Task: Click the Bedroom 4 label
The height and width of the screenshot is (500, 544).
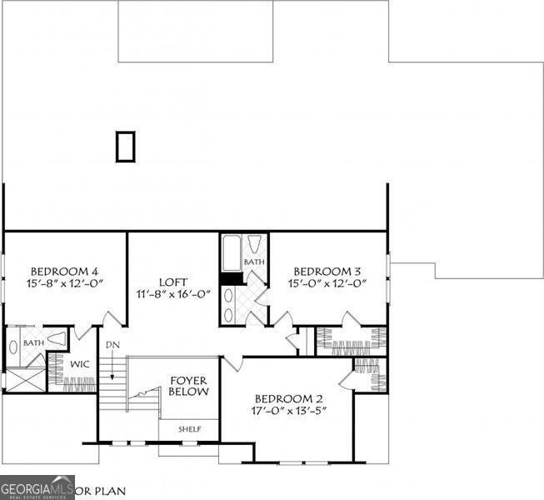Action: coord(65,271)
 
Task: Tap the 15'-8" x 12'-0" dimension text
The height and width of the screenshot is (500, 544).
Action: coord(65,284)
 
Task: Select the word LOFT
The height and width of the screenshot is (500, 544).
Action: coord(173,282)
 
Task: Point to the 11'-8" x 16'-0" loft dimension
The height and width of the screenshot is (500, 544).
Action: coord(173,294)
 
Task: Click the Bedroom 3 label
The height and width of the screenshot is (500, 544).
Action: coord(327,271)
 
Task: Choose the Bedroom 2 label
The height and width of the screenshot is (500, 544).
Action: coord(288,397)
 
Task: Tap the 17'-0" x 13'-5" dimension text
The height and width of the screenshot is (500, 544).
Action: coord(288,411)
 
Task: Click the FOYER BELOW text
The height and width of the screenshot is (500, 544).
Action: coord(189,385)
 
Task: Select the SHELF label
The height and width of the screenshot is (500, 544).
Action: coord(190,429)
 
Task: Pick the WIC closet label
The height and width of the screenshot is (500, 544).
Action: coord(80,364)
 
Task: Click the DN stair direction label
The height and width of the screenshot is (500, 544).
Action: coord(112,344)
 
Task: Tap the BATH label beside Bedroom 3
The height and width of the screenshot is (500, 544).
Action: coord(254,262)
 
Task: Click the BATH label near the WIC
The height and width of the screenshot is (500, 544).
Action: coord(33,342)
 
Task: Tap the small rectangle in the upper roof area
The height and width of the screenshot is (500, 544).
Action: coord(125,147)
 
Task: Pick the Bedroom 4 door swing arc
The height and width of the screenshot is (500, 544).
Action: coord(111,317)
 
